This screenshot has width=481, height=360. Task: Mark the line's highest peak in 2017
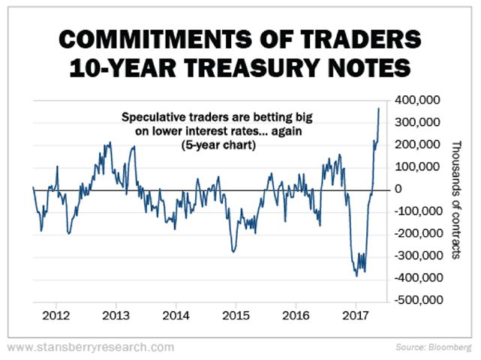coord(379,108)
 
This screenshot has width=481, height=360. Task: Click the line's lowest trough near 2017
coord(356,276)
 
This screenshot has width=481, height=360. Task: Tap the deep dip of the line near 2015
coord(234,252)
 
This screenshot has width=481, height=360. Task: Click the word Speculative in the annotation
coord(150,117)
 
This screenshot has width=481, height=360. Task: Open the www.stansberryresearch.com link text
coord(91,347)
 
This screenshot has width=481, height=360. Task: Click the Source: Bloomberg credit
coord(435,348)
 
